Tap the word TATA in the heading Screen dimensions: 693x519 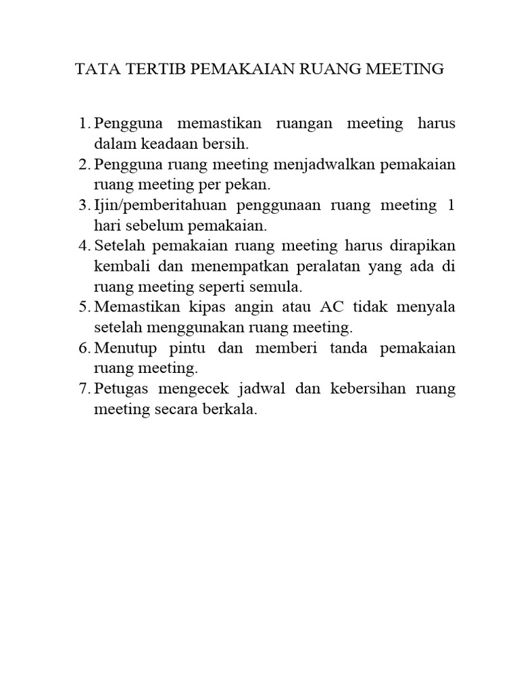(95, 69)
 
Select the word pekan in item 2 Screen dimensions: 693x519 (251, 185)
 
